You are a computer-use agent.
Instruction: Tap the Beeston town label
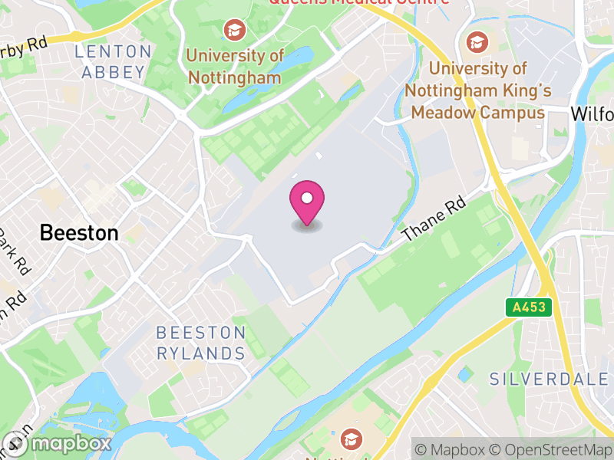point(79,232)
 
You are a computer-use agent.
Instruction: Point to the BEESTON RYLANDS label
point(200,343)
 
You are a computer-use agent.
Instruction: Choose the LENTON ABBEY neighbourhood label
point(114,62)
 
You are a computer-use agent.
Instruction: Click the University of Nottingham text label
point(235,66)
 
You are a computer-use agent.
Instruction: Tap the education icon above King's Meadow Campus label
point(477,41)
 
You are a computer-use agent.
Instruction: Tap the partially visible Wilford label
point(593,114)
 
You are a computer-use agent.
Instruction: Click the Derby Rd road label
point(23,47)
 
